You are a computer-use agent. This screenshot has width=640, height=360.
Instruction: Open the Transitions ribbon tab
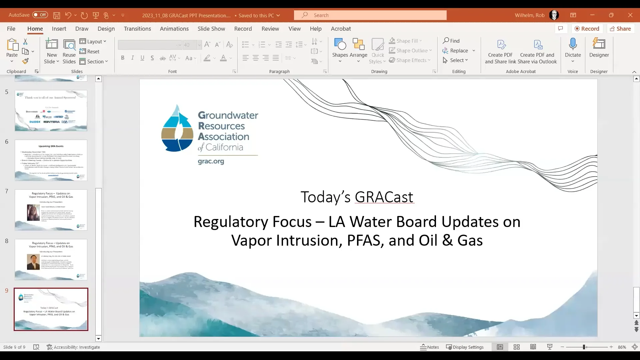tap(137, 29)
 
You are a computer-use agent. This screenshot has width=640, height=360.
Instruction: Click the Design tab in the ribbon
tap(106, 29)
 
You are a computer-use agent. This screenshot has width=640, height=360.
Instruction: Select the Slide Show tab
tap(211, 29)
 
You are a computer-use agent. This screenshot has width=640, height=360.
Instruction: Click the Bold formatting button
tap(123, 58)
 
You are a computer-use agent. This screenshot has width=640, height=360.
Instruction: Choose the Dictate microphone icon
tap(573, 44)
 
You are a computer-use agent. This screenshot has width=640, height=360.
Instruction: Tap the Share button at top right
tap(620, 29)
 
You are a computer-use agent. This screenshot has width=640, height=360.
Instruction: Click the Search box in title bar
tap(370, 15)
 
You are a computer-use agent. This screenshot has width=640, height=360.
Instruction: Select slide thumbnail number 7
tap(51, 210)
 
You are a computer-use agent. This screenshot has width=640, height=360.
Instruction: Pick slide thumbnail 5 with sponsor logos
tap(51, 111)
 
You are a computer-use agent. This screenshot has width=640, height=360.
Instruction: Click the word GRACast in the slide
tap(384, 197)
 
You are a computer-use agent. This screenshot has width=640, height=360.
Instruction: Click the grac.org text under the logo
tap(211, 161)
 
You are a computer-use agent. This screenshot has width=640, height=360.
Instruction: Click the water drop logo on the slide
tap(177, 128)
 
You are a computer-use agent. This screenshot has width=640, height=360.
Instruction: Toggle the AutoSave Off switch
tap(40, 15)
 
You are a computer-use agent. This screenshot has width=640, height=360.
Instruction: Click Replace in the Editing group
tap(459, 51)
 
